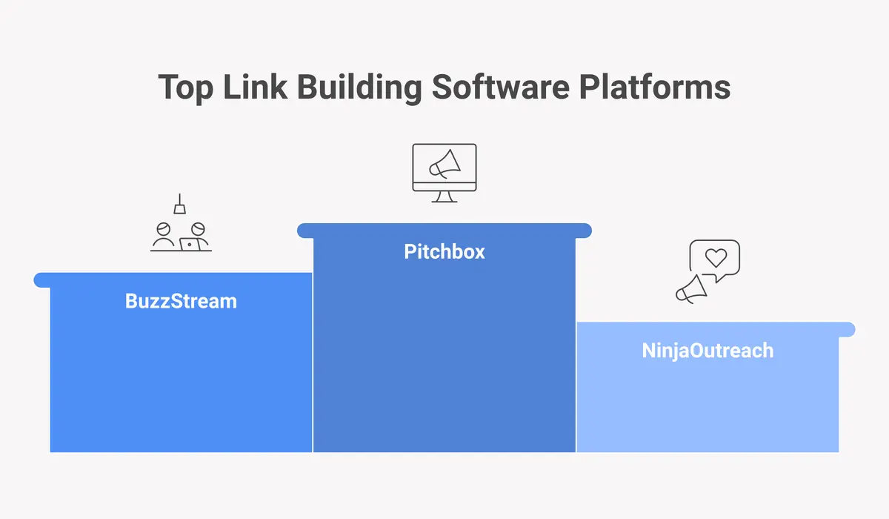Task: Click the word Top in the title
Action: pyautogui.click(x=184, y=87)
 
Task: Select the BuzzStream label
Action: pyautogui.click(x=181, y=301)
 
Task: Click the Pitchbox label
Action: pyautogui.click(x=444, y=251)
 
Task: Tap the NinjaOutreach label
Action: pyautogui.click(x=707, y=350)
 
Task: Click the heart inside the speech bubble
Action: pyautogui.click(x=716, y=258)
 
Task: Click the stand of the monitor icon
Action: pyautogui.click(x=444, y=196)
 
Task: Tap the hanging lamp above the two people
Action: pyautogui.click(x=179, y=207)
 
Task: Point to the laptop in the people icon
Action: pyautogui.click(x=190, y=243)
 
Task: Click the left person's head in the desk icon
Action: pyautogui.click(x=164, y=228)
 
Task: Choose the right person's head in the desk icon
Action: pyautogui.click(x=197, y=228)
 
